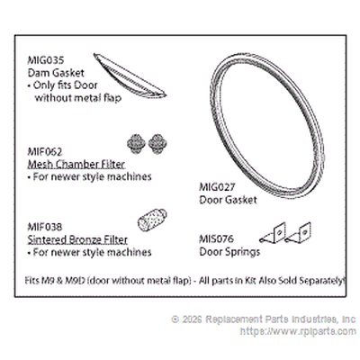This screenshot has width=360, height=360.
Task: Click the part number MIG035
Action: click(46, 60)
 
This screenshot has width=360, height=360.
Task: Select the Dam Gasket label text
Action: click(56, 73)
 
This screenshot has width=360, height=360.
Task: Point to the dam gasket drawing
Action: click(130, 76)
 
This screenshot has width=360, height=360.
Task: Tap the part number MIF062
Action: click(45, 152)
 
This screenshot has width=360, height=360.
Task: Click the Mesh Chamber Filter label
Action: click(76, 165)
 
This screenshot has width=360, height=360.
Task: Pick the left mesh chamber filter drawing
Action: click(136, 144)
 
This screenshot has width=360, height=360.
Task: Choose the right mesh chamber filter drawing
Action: click(157, 144)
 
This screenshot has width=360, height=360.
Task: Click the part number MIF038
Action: click(45, 227)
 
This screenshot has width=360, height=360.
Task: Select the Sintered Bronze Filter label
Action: click(77, 239)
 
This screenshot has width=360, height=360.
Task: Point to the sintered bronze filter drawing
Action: click(152, 220)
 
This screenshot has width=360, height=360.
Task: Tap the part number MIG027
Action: click(217, 187)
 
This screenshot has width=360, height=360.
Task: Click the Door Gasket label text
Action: click(228, 200)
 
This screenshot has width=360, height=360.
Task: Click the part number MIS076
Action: click(216, 239)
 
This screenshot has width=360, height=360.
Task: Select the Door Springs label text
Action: click(229, 252)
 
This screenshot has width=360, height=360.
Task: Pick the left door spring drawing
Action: click(273, 233)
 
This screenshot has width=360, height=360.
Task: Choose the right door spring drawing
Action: click(298, 233)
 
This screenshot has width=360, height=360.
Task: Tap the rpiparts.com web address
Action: click(298, 331)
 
